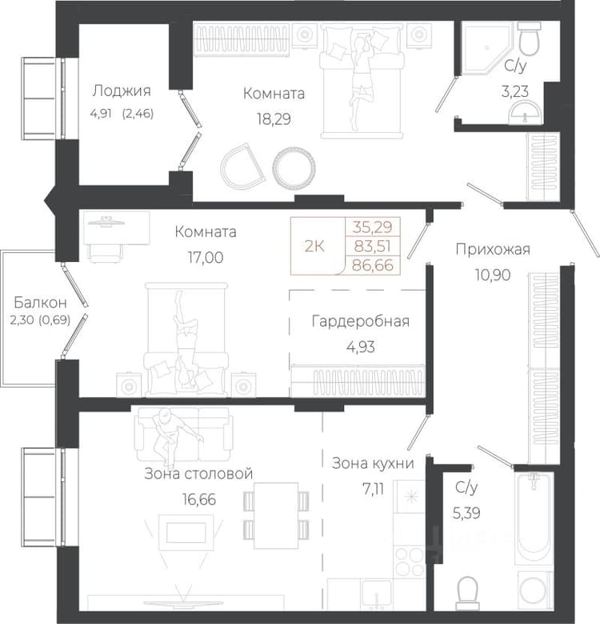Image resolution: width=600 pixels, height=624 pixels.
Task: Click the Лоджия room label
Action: coord(122,91)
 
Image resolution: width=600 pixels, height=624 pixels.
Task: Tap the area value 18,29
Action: coord(274,119)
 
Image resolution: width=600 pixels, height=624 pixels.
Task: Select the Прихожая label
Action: coord(493,250)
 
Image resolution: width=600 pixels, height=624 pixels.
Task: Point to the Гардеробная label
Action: coord(360,321)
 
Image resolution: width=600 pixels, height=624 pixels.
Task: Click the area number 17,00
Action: coord(206,257)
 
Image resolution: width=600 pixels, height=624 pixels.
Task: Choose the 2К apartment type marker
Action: coord(314,247)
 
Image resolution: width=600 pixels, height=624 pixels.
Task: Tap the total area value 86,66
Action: coord(373,265)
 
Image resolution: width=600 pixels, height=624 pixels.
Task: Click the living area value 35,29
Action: coord(373,227)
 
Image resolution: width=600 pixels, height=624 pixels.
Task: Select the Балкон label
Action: coord(40,303)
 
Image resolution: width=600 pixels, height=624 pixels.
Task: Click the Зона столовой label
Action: coord(198,473)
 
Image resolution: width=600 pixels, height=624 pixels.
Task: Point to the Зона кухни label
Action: coord(373,463)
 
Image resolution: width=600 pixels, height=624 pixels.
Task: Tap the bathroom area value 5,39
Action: coord(466,513)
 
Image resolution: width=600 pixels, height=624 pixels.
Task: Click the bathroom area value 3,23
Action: coord(515,91)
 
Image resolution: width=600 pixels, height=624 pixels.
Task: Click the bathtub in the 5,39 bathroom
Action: coord(534,518)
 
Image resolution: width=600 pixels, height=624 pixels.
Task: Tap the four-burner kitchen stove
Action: coord(410,562)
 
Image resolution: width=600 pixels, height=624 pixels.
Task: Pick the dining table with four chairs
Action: coord(276,515)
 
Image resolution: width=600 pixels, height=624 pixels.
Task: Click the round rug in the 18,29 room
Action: coord(294,167)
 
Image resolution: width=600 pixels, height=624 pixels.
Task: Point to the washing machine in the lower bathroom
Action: coord(535,590)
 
